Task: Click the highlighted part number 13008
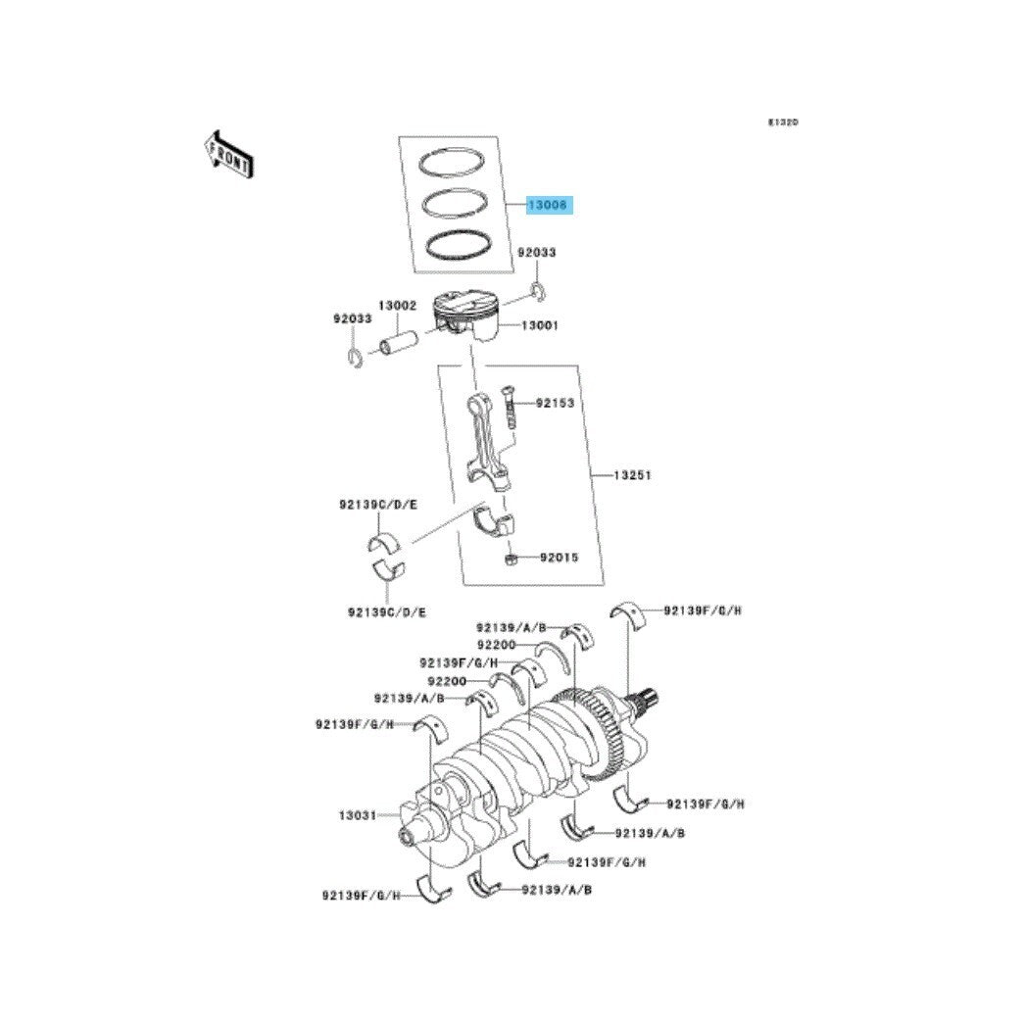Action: pyautogui.click(x=548, y=206)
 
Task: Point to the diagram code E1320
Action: pyautogui.click(x=783, y=123)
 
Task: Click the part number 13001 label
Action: pyautogui.click(x=539, y=325)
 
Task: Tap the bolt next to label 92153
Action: pyautogui.click(x=509, y=406)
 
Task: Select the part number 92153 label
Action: pyautogui.click(x=554, y=403)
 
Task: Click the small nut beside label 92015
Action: pyautogui.click(x=511, y=559)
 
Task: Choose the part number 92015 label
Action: pyautogui.click(x=559, y=558)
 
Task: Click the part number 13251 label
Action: pyautogui.click(x=632, y=474)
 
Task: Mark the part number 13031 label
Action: pyautogui.click(x=359, y=814)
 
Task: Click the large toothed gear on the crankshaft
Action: pyautogui.click(x=589, y=735)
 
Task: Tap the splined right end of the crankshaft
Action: pyautogui.click(x=649, y=699)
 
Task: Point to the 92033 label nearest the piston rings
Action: pyautogui.click(x=537, y=253)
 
